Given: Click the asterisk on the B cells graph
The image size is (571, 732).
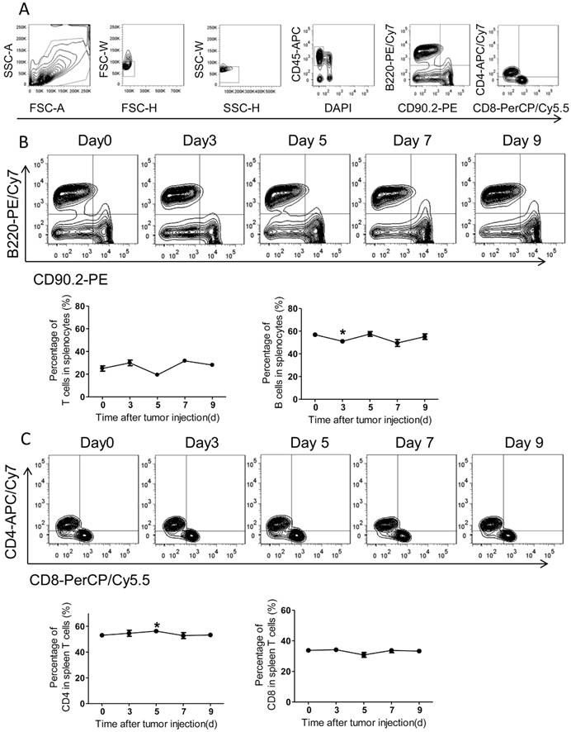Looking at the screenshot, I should tap(341, 333).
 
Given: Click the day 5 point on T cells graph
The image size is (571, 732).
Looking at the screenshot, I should tap(157, 374).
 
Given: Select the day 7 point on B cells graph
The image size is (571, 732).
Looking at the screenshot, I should tap(395, 343).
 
